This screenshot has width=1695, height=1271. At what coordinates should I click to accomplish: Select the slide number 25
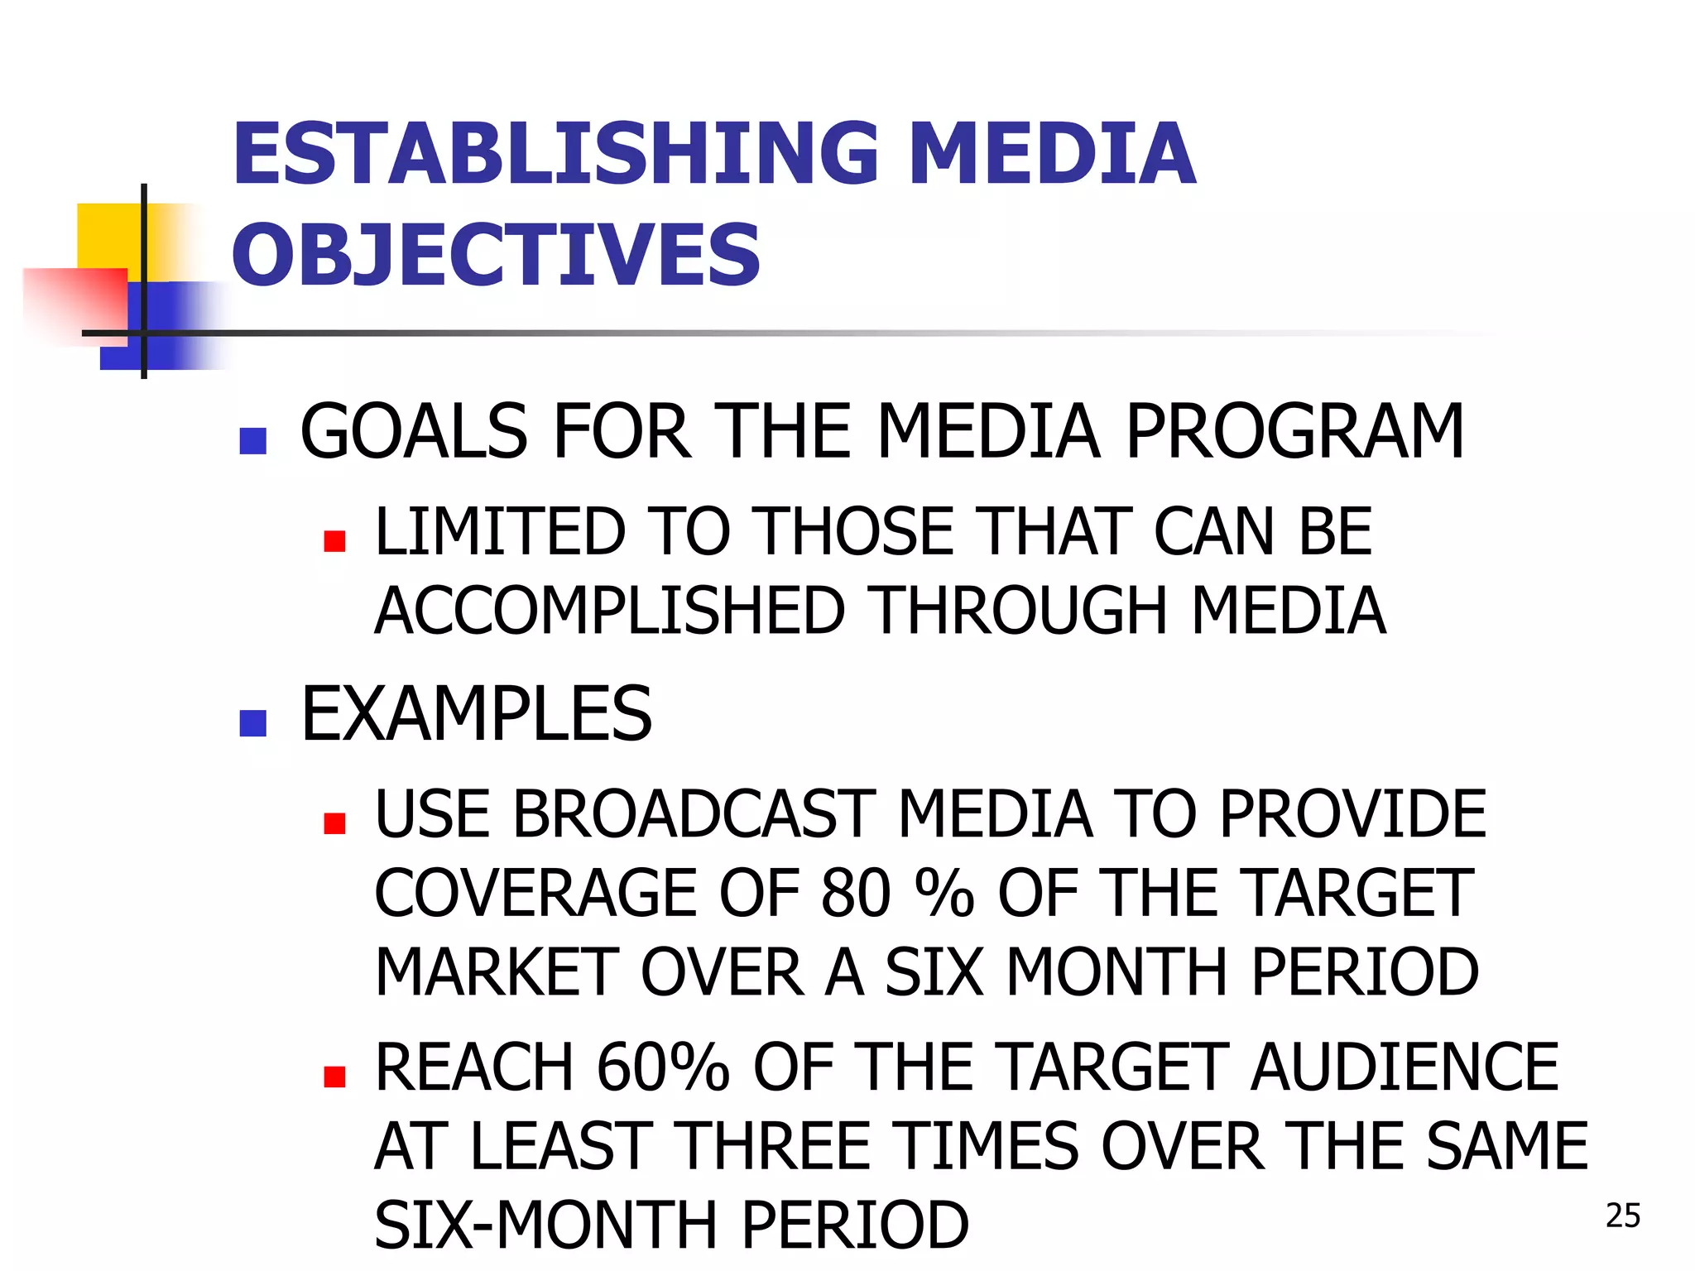coord(1622,1216)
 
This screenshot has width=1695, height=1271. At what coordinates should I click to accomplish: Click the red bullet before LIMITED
coord(334,541)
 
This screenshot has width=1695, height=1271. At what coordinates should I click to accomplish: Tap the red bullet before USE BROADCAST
coord(334,823)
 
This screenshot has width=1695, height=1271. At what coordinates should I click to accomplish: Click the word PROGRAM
coord(1295,432)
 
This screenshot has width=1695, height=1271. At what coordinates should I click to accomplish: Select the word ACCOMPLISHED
coord(609,611)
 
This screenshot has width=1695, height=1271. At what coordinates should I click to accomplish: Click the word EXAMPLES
coord(476,714)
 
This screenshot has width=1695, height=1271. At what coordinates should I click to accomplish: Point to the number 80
coord(856,894)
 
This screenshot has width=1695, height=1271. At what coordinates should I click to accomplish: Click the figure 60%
coord(663,1067)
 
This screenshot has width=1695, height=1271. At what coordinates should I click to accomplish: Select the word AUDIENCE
coord(1404,1067)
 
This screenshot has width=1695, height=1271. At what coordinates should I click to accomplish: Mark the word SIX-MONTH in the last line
coord(545,1225)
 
